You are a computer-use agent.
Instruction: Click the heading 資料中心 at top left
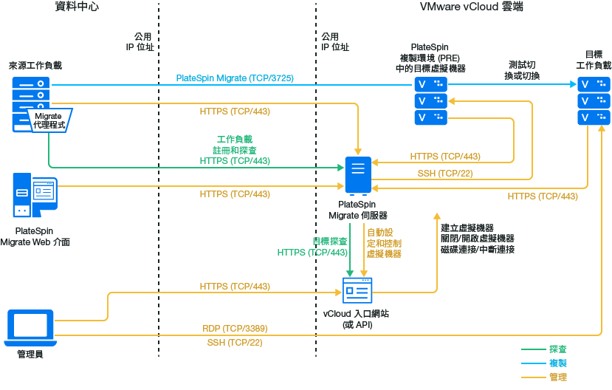pyautogui.click(x=77, y=7)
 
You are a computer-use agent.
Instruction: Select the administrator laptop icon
pyautogui.click(x=30, y=327)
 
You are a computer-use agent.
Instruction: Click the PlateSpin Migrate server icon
pyautogui.click(x=358, y=176)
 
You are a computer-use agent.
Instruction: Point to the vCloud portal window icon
pyautogui.click(x=358, y=290)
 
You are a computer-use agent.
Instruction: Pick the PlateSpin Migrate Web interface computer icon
pyautogui.click(x=34, y=196)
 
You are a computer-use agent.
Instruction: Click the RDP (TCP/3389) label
pyautogui.click(x=235, y=328)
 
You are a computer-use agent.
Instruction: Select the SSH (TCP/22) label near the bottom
pyautogui.click(x=235, y=343)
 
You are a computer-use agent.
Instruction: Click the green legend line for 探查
pyautogui.click(x=532, y=349)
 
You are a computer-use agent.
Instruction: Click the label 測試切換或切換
pyautogui.click(x=523, y=70)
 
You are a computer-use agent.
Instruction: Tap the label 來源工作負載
pyautogui.click(x=35, y=65)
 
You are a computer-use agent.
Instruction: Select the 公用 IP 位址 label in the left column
pyautogui.click(x=140, y=41)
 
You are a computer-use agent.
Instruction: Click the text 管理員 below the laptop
pyautogui.click(x=30, y=355)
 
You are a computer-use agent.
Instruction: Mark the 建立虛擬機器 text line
pyautogui.click(x=467, y=227)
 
